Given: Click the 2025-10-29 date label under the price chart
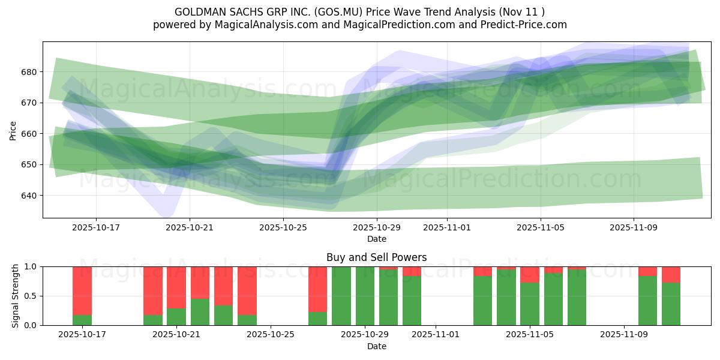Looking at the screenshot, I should pyautogui.click(x=376, y=227).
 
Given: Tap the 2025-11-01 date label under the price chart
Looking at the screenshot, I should pyautogui.click(x=446, y=227).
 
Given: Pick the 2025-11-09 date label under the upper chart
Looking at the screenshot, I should pyautogui.click(x=634, y=227).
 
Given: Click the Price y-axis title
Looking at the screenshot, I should pyautogui.click(x=13, y=130).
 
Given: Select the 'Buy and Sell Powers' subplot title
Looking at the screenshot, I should pyautogui.click(x=376, y=257).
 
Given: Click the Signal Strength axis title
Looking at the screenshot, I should pyautogui.click(x=15, y=295).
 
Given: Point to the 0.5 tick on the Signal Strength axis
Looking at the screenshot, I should pyautogui.click(x=31, y=296).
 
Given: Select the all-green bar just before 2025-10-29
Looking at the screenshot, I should pyautogui.click(x=341, y=296).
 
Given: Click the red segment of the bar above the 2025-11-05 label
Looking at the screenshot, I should pyautogui.click(x=529, y=274).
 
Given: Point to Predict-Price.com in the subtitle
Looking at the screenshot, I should pyautogui.click(x=525, y=25).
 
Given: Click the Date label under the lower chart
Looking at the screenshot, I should pyautogui.click(x=376, y=346).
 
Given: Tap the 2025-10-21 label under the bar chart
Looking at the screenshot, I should pyautogui.click(x=176, y=335).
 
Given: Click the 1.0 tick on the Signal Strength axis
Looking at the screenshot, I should pyautogui.click(x=31, y=266).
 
